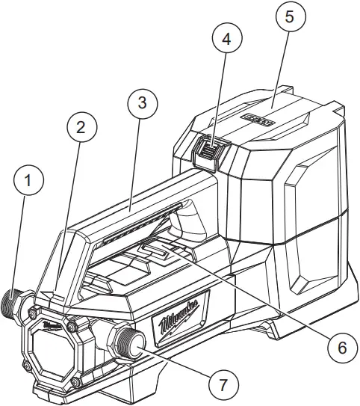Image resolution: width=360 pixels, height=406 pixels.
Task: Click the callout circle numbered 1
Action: pyautogui.click(x=29, y=181)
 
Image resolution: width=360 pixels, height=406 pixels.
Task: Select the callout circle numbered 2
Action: pyautogui.click(x=82, y=128)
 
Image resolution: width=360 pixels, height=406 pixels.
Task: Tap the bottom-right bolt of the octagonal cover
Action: pyautogui.click(x=75, y=384)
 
